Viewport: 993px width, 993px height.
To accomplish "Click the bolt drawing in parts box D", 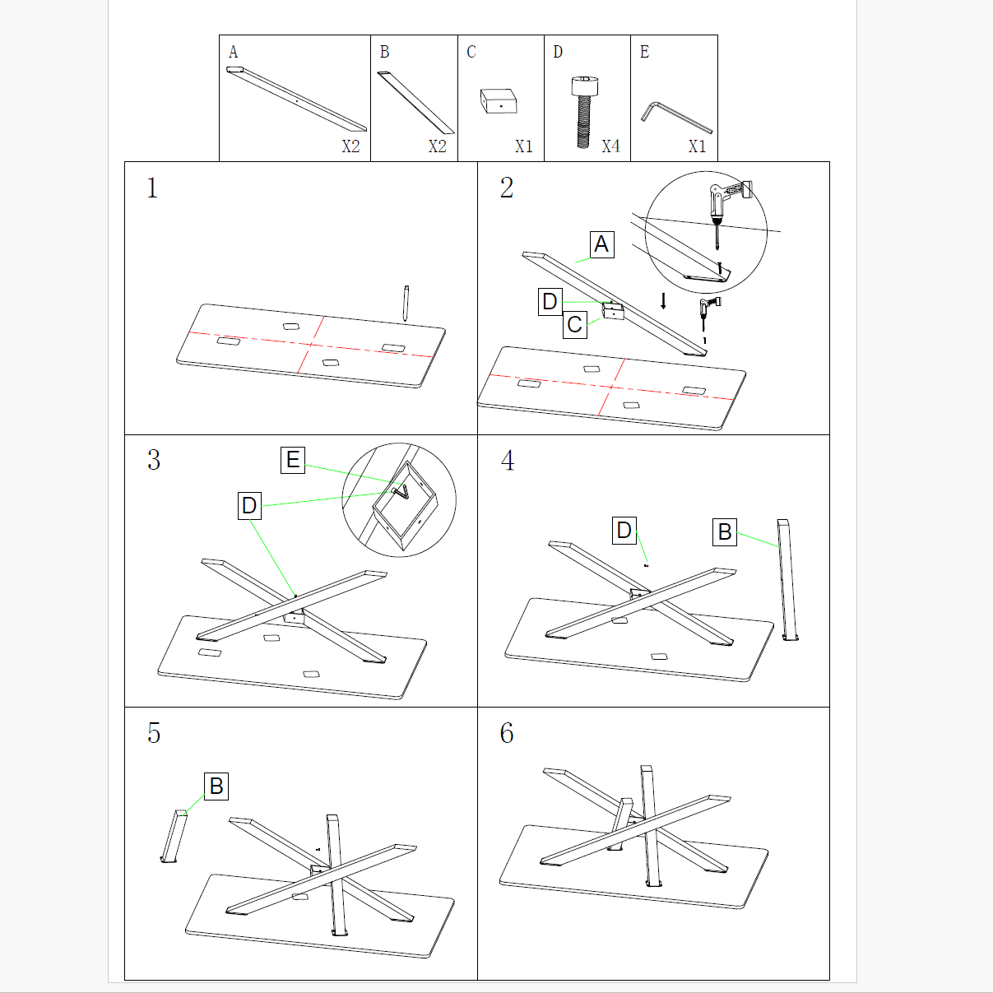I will (584, 111).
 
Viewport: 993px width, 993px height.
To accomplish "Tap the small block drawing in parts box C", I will (499, 102).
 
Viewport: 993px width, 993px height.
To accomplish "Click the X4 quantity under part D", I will (610, 146).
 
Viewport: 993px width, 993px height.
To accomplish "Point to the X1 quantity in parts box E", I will (697, 146).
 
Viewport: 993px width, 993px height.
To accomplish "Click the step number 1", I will (152, 188).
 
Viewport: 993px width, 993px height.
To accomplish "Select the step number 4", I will (508, 461).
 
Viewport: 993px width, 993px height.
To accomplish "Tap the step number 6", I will (507, 733).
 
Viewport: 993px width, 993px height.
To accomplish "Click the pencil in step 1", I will (406, 302).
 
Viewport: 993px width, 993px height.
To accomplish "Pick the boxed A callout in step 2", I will (602, 244).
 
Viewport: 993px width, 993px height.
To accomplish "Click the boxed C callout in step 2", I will (575, 325).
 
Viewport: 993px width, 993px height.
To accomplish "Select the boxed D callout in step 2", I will (550, 302).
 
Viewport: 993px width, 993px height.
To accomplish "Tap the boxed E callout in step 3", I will (293, 460).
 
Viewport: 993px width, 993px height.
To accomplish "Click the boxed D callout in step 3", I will (249, 506).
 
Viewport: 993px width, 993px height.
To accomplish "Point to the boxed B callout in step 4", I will (725, 531).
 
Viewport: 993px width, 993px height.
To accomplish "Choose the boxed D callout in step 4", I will (624, 531).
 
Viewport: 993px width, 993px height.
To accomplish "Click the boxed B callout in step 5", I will (216, 786).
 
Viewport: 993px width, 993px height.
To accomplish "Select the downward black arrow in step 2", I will (664, 300).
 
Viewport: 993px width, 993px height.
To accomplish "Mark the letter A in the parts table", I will (234, 53).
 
